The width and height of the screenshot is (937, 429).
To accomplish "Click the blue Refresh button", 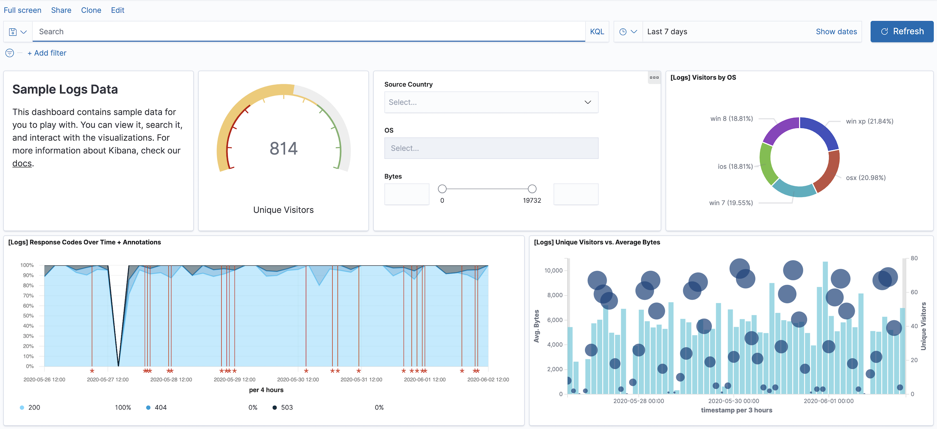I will tap(902, 31).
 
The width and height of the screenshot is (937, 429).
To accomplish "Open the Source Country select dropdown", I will tap(491, 102).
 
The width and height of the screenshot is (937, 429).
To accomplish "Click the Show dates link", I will tap(836, 32).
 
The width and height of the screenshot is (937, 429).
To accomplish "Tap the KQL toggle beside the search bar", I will tap(597, 32).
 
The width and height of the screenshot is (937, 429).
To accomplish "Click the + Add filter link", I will tap(47, 53).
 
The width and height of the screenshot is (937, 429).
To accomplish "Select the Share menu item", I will tap(61, 10).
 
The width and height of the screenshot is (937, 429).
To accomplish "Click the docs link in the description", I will tap(22, 163).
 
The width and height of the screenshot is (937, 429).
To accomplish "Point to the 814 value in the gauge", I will tap(283, 148).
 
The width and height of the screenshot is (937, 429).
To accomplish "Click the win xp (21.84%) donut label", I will tap(869, 121).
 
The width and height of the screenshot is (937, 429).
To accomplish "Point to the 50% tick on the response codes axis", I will tap(28, 316).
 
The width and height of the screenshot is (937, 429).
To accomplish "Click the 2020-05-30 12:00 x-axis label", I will tap(298, 379).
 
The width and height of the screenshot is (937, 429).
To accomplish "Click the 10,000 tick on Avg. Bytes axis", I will tap(553, 271).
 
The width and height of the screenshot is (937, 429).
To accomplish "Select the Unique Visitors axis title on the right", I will tap(924, 326).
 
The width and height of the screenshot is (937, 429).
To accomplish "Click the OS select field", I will tap(491, 148).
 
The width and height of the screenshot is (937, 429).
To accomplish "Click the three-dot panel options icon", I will tap(654, 78).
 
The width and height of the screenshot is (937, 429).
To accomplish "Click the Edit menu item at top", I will tap(118, 10).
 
